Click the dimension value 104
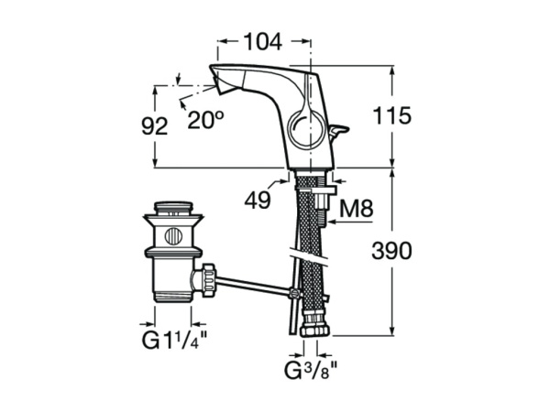[x=262, y=41]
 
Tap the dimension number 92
[x=156, y=126]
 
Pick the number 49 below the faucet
[x=258, y=200]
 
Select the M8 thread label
[x=356, y=210]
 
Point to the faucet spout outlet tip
[x=218, y=85]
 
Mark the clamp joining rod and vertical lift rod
[x=293, y=294]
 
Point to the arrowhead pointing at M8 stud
[x=329, y=221]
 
